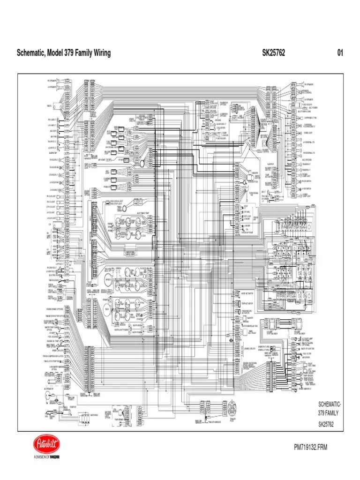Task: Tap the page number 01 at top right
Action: [x=340, y=53]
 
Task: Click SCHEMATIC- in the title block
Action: [x=330, y=404]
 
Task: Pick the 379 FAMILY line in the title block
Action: [x=328, y=413]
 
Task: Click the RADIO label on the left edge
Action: [x=49, y=105]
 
